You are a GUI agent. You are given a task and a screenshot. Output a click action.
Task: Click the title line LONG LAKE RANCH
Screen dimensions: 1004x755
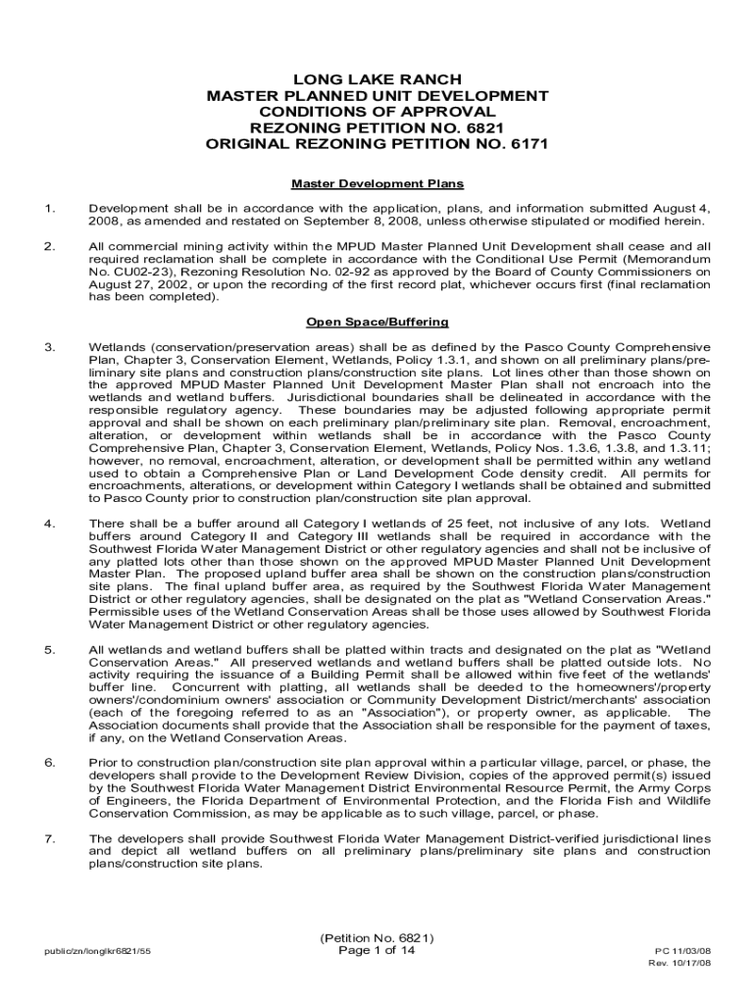point(377,79)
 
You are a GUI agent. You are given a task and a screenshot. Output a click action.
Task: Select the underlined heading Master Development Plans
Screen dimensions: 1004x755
point(377,183)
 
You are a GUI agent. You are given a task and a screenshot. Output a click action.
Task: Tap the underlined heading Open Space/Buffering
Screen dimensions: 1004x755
point(377,322)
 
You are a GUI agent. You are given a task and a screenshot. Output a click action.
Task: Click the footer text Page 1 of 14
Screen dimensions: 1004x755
point(377,950)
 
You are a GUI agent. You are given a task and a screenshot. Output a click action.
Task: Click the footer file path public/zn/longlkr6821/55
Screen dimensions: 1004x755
point(97,951)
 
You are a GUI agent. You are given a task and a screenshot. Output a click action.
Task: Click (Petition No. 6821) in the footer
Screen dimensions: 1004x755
point(377,936)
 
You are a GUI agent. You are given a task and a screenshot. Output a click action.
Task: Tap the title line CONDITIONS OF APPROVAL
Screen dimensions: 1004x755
point(377,112)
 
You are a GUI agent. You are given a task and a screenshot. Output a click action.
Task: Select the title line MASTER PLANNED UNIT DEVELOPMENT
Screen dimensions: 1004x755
point(377,96)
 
